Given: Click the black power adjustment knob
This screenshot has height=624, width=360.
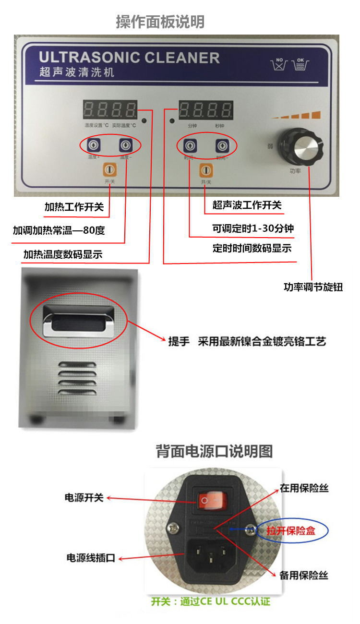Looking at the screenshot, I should (x=304, y=144).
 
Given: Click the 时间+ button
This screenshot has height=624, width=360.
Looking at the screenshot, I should (x=189, y=144).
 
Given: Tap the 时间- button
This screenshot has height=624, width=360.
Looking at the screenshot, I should (x=221, y=144).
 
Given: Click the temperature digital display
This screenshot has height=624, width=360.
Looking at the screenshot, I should (x=109, y=110).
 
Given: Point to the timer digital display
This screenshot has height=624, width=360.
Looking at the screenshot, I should (x=205, y=110).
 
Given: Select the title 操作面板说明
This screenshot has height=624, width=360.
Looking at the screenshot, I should (x=160, y=22).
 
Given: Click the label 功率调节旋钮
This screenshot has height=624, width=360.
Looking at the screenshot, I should (x=313, y=288).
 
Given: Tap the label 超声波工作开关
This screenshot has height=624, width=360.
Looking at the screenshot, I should (x=247, y=205).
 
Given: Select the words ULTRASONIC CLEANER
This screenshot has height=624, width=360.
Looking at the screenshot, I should (x=129, y=58).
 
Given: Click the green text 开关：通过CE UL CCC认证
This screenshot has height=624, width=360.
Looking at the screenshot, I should (x=211, y=601).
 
